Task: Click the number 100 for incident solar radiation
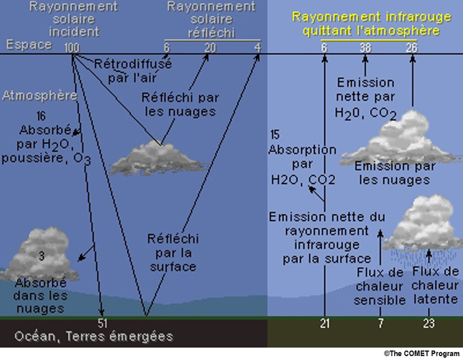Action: (x=72, y=47)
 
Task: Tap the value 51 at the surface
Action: (x=102, y=323)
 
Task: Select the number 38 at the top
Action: (x=365, y=47)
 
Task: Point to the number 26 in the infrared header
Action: (x=412, y=47)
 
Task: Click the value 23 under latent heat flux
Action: (x=429, y=324)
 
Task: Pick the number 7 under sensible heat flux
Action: (x=381, y=324)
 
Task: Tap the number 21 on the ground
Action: (x=324, y=324)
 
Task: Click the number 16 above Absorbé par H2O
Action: (x=41, y=116)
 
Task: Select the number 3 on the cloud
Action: (x=42, y=256)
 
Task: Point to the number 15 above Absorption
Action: (x=275, y=135)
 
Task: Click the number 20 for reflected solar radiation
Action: (x=210, y=47)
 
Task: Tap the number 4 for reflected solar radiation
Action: (x=257, y=47)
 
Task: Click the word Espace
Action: (x=29, y=45)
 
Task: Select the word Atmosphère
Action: (x=40, y=95)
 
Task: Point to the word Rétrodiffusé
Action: (x=133, y=64)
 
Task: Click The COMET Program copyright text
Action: (x=422, y=354)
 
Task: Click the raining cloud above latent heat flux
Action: (x=424, y=227)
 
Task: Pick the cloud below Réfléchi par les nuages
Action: (x=156, y=157)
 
